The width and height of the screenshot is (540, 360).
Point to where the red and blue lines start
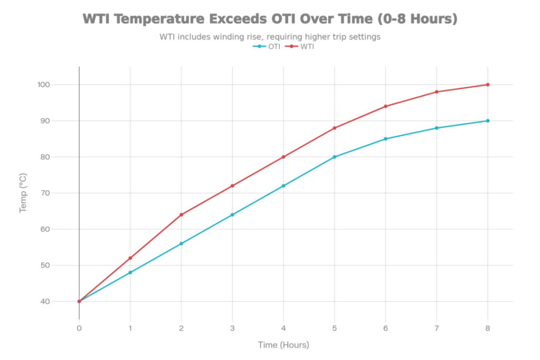point(79,302)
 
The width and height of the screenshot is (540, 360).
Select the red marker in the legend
point(292,46)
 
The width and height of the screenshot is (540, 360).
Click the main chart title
point(270,19)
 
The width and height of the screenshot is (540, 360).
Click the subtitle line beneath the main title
point(270,36)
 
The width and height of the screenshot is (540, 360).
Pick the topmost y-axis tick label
point(45,84)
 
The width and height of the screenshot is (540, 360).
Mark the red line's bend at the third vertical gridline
point(181,213)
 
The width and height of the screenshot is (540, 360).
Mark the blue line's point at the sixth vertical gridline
point(335,157)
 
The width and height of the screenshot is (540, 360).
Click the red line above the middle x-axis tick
point(284,157)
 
